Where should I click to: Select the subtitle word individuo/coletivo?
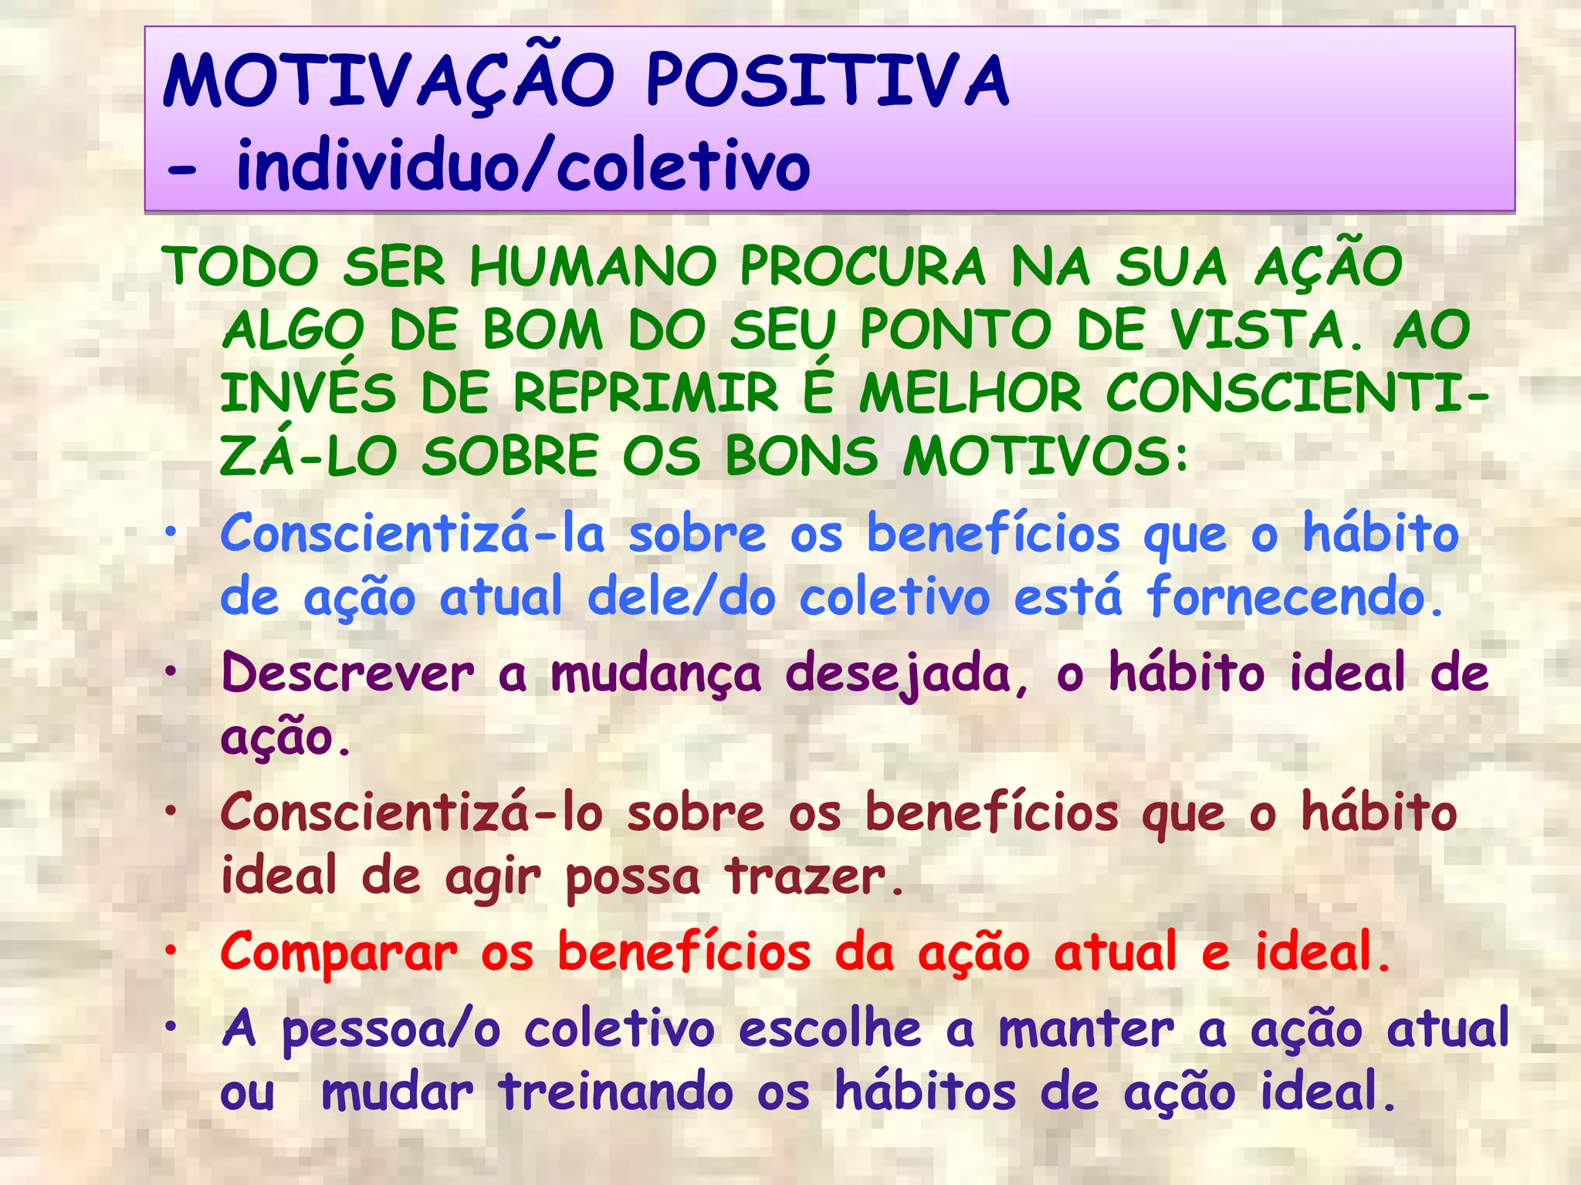[x=523, y=166]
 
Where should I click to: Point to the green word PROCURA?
[x=863, y=268]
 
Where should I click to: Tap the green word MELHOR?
[x=970, y=393]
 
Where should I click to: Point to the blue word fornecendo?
[x=1294, y=597]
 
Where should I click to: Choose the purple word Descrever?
[x=347, y=674]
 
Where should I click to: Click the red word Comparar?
[x=339, y=953]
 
